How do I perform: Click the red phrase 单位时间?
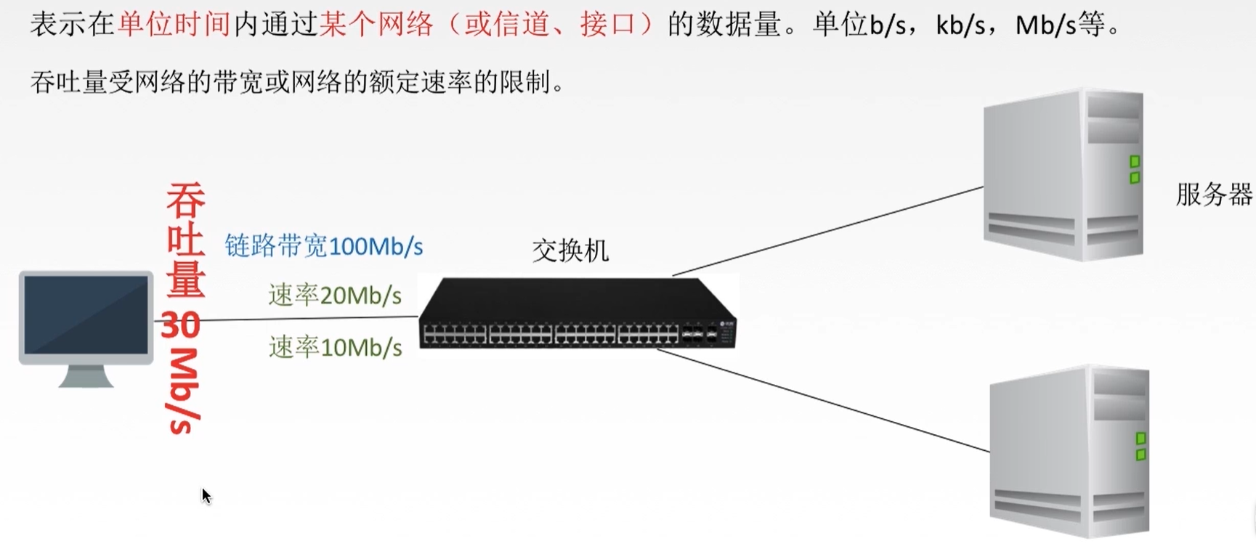174,25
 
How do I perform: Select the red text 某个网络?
376,25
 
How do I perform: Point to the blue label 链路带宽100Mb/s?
324,247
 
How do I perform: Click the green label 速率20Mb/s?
335,296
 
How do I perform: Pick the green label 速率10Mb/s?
335,348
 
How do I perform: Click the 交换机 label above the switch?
570,251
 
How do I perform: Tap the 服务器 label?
1213,195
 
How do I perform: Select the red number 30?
180,325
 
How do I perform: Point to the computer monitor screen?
86,314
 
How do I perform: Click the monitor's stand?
86,376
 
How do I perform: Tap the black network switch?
578,314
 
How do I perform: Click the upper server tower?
1063,174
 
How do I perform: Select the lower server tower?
1069,451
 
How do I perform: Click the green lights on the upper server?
1134,169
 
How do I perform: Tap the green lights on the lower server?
1140,446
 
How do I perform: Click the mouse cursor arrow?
206,496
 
